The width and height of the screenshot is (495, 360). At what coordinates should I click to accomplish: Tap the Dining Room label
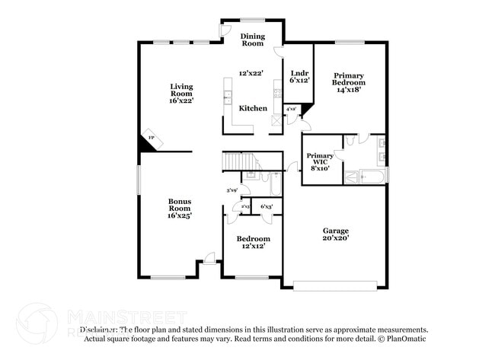252,40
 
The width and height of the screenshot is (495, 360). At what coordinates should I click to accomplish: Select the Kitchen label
253,108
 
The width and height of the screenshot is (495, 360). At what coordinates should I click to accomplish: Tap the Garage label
335,230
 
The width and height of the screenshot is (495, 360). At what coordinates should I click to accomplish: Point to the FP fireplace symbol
152,139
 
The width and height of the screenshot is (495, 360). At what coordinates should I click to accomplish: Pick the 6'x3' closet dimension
267,206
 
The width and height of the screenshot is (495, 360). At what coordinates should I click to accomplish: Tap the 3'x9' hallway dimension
232,190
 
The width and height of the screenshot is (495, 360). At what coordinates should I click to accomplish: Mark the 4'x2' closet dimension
290,110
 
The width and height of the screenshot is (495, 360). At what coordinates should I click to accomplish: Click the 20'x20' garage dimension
335,238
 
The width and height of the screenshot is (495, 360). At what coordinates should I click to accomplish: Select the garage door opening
335,286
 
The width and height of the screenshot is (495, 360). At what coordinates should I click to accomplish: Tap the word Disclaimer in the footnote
98,330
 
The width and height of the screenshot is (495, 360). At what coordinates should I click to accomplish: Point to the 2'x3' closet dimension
245,206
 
